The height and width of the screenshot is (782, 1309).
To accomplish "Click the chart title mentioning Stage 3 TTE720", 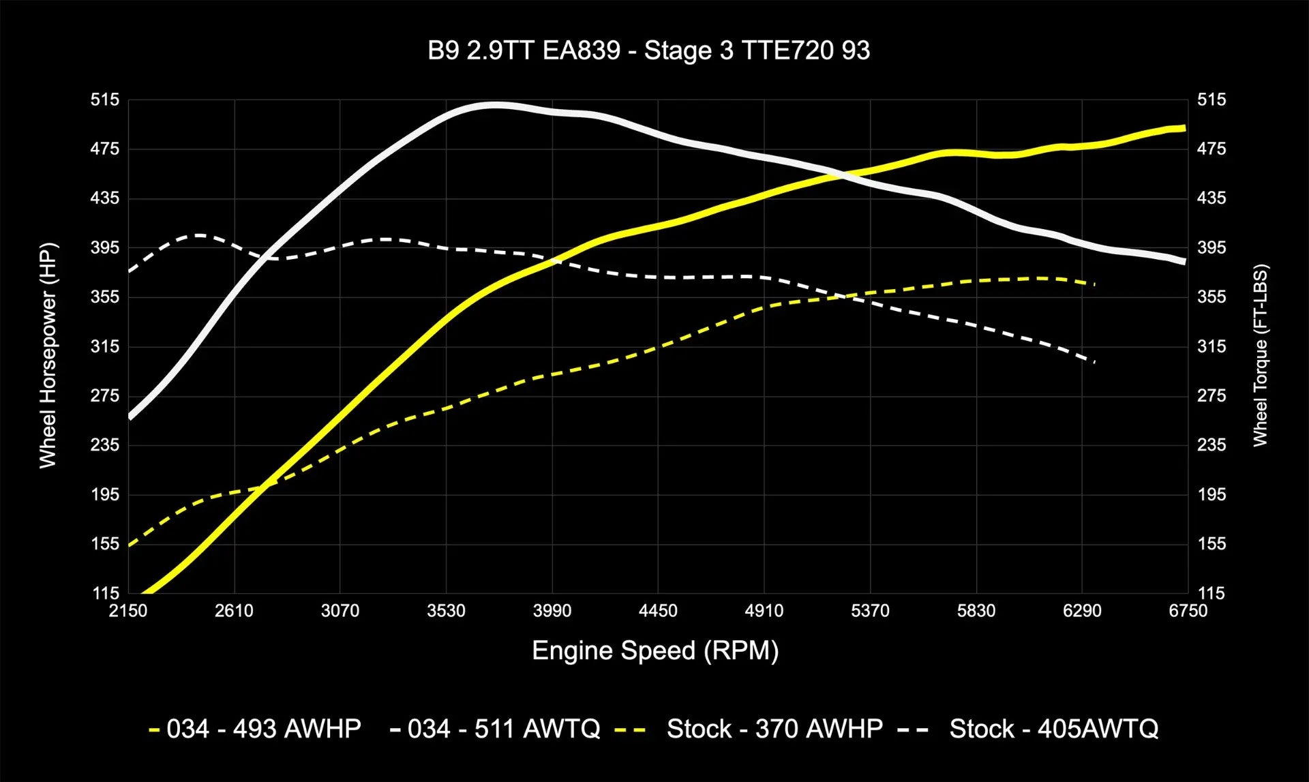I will pyautogui.click(x=648, y=51).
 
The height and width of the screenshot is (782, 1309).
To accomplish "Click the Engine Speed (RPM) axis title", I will pyautogui.click(x=655, y=650).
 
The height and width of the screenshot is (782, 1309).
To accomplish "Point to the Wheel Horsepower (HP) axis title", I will pyautogui.click(x=47, y=355).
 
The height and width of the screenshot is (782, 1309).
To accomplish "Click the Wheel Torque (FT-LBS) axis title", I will pyautogui.click(x=1260, y=355).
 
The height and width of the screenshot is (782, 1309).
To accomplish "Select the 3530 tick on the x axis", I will pyautogui.click(x=446, y=611).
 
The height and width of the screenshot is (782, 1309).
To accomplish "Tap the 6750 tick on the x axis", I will pyautogui.click(x=1188, y=611).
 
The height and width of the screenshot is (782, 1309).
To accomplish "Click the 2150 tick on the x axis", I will pyautogui.click(x=128, y=611).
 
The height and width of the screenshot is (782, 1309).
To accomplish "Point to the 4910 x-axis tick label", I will pyautogui.click(x=764, y=611).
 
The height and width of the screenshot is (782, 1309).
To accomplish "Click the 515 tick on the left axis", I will pyautogui.click(x=105, y=100).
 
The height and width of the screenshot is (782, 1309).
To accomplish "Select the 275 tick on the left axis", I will pyautogui.click(x=105, y=396).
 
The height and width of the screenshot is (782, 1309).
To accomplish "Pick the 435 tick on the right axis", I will pyautogui.click(x=1212, y=198).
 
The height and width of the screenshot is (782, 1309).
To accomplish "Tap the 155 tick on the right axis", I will pyautogui.click(x=1212, y=544).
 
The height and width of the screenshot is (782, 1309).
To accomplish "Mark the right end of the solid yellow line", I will pyautogui.click(x=1185, y=128).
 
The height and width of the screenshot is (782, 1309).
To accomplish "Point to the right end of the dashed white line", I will pyautogui.click(x=1094, y=362).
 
